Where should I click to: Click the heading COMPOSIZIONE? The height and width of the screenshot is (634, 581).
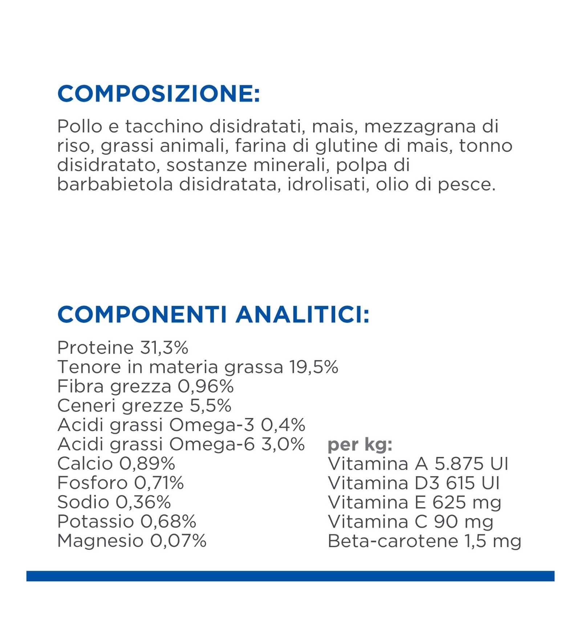(159, 94)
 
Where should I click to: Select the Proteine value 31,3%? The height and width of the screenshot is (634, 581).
(164, 348)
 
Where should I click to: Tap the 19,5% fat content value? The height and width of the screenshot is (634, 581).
(314, 367)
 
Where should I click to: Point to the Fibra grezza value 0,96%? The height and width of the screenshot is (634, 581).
(206, 386)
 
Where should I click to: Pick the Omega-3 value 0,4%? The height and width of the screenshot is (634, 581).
(283, 425)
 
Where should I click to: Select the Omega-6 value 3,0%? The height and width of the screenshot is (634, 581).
(283, 444)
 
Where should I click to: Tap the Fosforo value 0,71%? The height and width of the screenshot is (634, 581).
(159, 483)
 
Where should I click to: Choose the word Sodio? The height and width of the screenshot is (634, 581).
(83, 502)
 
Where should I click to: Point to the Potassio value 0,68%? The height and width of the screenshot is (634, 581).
(168, 521)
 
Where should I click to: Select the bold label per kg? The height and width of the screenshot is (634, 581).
(360, 445)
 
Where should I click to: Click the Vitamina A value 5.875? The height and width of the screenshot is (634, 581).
(459, 464)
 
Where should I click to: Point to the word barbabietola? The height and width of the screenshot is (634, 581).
(115, 184)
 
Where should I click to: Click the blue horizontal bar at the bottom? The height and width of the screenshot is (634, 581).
(290, 576)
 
